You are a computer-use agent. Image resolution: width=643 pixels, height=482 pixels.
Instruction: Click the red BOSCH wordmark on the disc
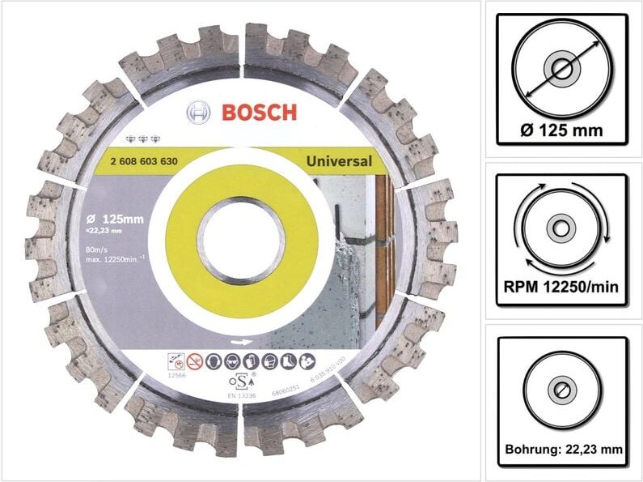(x=259, y=112)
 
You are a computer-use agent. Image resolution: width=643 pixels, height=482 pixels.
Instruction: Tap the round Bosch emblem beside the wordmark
(x=199, y=113)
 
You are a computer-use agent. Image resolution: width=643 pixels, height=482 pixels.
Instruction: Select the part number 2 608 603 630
(x=142, y=160)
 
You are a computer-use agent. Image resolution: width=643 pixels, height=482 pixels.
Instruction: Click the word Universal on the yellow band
(x=340, y=160)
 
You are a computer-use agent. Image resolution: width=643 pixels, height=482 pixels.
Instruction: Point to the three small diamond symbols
(x=142, y=139)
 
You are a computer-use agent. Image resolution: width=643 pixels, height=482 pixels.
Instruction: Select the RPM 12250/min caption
(x=561, y=287)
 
